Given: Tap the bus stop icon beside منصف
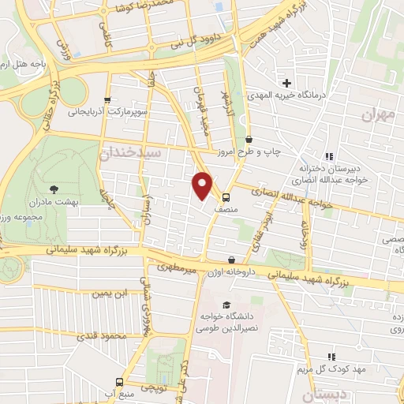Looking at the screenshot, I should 226,198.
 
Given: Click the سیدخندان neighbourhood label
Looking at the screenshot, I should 129,151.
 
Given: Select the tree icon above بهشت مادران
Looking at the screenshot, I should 54,189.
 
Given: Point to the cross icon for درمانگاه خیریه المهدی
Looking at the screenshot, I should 286,83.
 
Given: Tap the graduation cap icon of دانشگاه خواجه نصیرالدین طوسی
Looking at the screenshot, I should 226,305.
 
